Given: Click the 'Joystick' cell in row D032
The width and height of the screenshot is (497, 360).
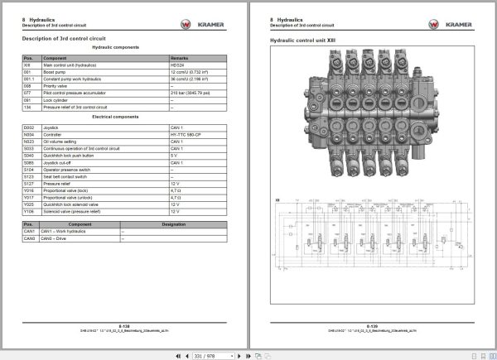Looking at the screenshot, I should [x=51, y=128].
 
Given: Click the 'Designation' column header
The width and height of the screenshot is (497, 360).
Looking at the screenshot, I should [x=173, y=224].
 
